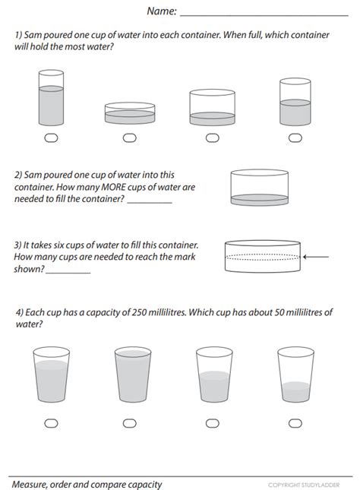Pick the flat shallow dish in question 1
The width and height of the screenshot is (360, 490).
pyautogui.click(x=129, y=113)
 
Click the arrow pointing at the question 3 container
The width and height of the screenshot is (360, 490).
pyautogui.click(x=317, y=257)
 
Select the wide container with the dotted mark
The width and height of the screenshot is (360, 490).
pyautogui.click(x=263, y=257)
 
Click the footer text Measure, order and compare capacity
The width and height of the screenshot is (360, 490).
pyautogui.click(x=87, y=483)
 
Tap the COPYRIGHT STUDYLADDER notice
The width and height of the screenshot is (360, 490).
pyautogui.click(x=303, y=484)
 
